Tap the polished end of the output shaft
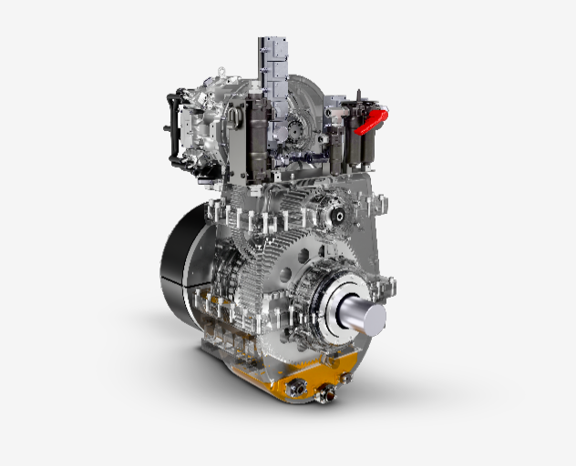373,318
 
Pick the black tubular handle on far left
170,127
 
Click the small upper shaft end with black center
336,215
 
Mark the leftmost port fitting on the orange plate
295,389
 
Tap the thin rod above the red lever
358,100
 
